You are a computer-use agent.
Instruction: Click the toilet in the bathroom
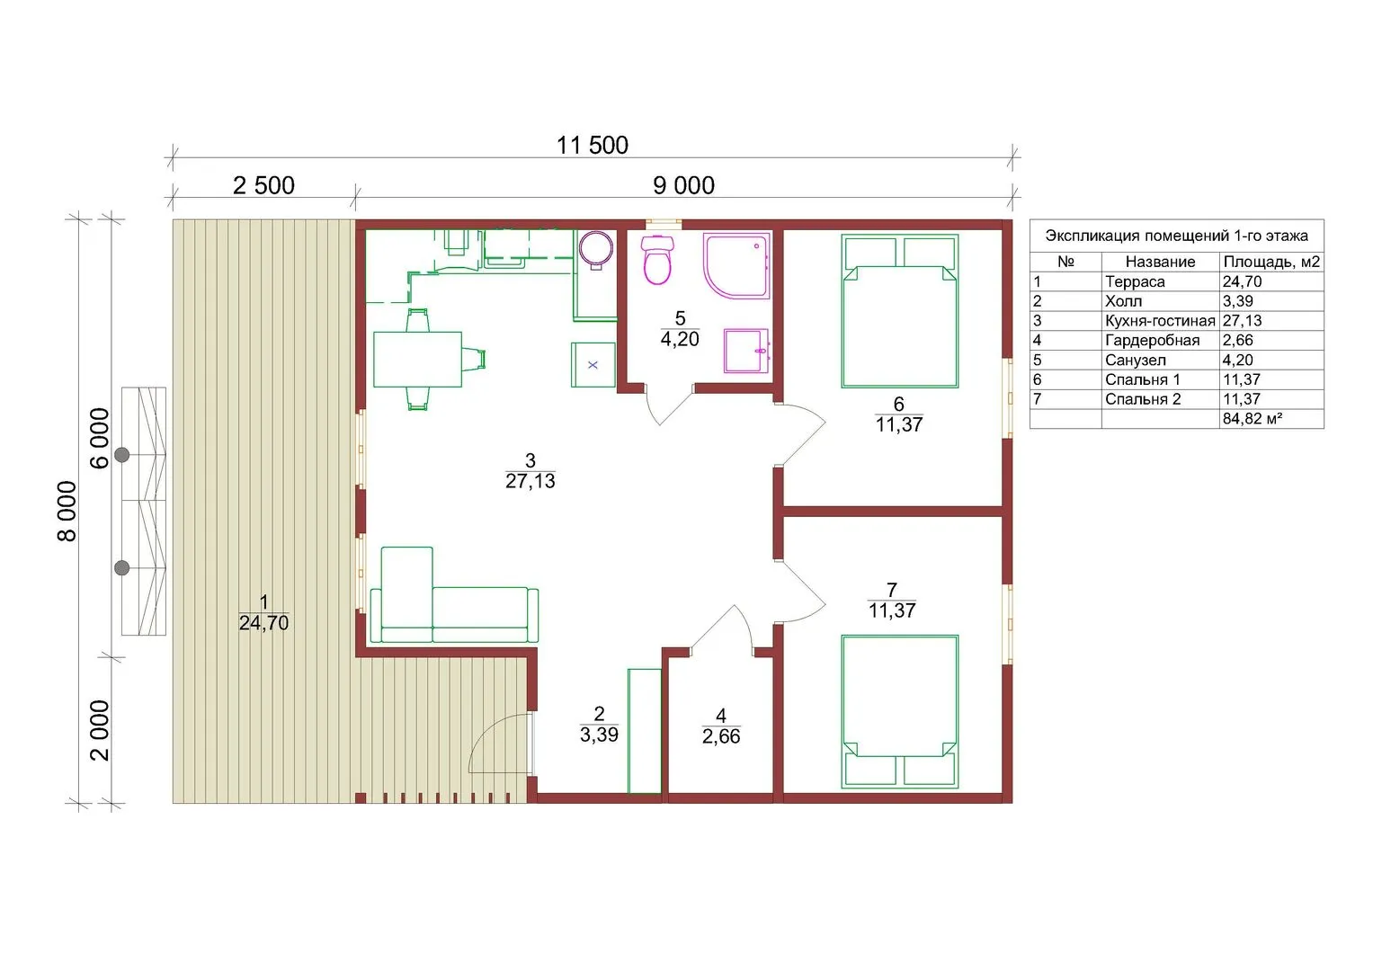coord(657,261)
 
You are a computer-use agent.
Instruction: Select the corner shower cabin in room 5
coord(736,266)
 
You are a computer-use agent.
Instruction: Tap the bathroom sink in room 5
coord(746,351)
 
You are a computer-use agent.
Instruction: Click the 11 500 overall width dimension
coord(593,146)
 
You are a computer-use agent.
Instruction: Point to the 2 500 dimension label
coord(263,185)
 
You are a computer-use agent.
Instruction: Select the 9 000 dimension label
coord(683,185)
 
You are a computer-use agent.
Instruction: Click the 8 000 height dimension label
coord(67,512)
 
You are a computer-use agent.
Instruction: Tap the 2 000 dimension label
coord(99,731)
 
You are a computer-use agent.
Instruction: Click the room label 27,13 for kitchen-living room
coord(530,481)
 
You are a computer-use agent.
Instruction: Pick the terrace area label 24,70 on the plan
coord(263,623)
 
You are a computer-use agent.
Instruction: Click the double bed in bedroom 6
coord(900,311)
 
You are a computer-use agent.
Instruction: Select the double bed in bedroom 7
coord(900,712)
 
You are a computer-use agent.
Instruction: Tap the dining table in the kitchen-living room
coord(417,360)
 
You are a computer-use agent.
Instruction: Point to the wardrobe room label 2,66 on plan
coord(721,735)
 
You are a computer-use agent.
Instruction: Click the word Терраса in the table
coord(1135,281)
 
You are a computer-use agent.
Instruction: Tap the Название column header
coord(1160,262)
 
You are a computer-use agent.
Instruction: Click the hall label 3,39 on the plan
coord(599,734)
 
